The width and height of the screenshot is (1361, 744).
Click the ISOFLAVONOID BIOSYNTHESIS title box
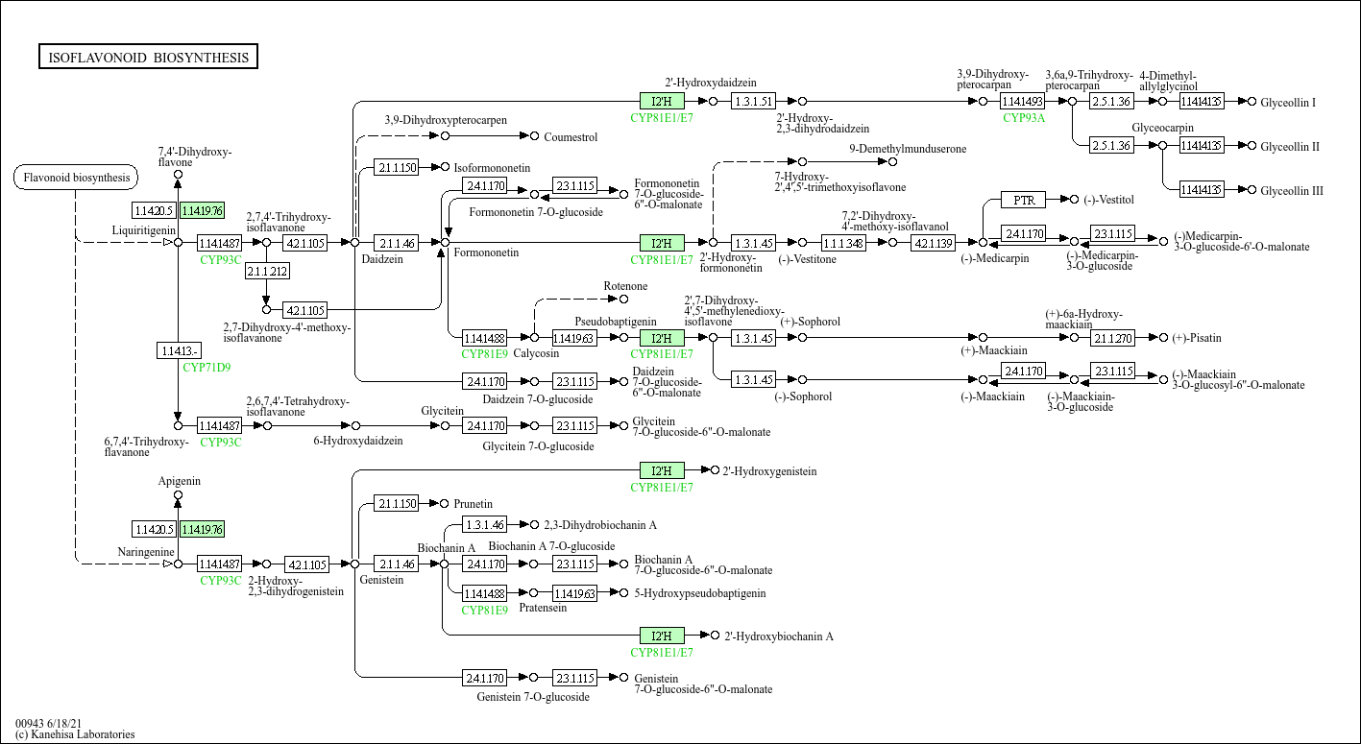(x=148, y=58)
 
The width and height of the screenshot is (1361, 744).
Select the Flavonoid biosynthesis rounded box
(x=76, y=178)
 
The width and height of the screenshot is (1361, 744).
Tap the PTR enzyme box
(x=1023, y=200)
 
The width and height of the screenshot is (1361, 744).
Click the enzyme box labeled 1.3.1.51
(x=753, y=101)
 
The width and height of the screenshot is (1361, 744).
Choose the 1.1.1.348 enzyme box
(x=843, y=243)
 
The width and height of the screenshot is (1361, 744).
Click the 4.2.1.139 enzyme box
(x=933, y=243)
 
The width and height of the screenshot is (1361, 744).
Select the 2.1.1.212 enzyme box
(x=267, y=272)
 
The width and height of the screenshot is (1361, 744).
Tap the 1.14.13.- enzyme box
(x=178, y=350)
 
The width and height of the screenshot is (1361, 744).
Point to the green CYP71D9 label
(x=207, y=367)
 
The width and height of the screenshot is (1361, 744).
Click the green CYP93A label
(x=1023, y=118)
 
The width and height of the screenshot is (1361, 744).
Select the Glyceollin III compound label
(x=1292, y=191)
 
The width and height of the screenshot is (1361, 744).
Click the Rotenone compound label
(x=625, y=286)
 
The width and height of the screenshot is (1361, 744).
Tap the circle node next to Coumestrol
(x=534, y=136)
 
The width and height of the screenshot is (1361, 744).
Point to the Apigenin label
(x=180, y=481)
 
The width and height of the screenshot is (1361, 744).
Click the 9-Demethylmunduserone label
(x=908, y=149)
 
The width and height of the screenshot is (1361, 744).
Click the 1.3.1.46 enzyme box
(x=484, y=525)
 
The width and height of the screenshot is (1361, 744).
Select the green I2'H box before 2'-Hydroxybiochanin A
(x=662, y=636)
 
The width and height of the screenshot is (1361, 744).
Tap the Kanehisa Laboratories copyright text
(x=75, y=734)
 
